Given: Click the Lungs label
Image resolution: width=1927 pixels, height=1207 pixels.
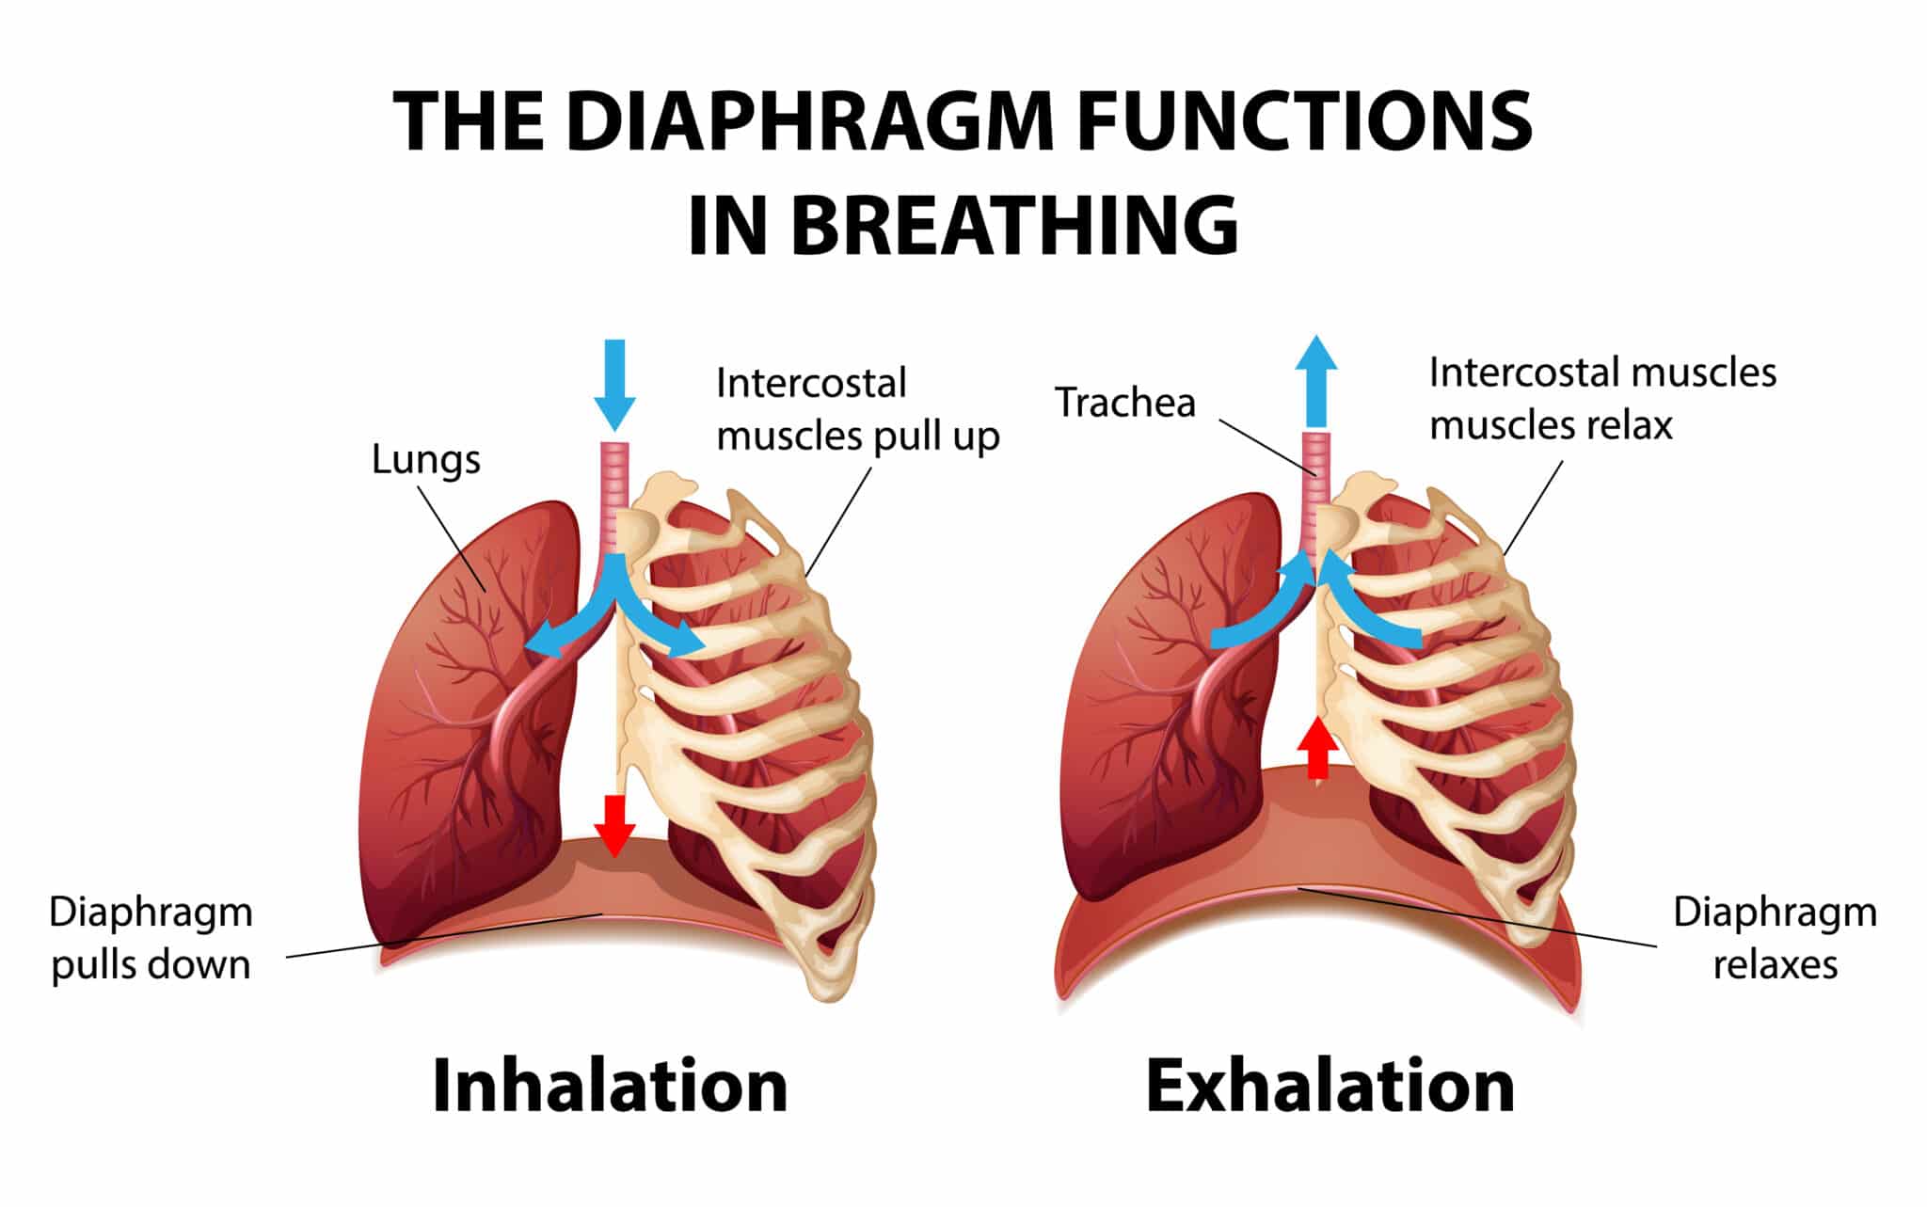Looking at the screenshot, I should click(426, 460).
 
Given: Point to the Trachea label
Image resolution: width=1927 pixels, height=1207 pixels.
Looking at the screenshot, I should click(1125, 403).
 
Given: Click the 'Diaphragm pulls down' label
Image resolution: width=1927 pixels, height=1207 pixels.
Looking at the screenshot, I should click(151, 939).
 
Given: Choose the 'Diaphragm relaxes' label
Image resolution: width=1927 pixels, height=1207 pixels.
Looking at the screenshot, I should click(1775, 939).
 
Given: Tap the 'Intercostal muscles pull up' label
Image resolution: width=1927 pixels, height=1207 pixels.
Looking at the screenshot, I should click(857, 409).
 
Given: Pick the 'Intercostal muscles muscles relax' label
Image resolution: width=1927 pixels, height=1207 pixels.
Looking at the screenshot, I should click(1602, 399).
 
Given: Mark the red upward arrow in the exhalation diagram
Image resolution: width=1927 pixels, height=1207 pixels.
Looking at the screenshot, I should click(1317, 748).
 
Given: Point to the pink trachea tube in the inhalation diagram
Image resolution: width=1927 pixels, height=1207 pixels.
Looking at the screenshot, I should click(614, 494).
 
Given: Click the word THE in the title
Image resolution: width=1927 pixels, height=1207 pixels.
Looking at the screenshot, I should click(468, 122).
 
